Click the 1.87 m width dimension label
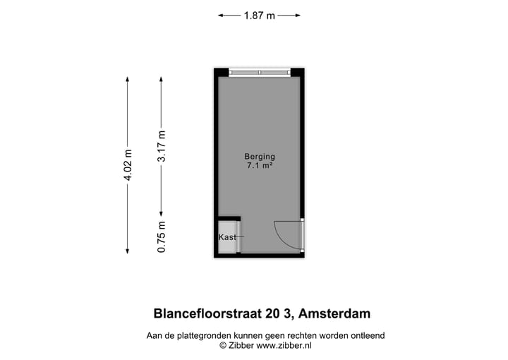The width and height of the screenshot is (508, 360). tap(260, 16)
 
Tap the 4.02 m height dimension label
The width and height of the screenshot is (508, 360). tap(128, 165)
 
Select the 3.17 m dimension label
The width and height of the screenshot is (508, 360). tap(162, 147)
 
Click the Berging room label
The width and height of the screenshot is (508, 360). tap(259, 157)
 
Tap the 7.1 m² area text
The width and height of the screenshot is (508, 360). tap(259, 167)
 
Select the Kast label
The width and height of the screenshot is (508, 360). tap(227, 237)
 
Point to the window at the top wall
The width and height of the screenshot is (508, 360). tap(259, 72)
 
